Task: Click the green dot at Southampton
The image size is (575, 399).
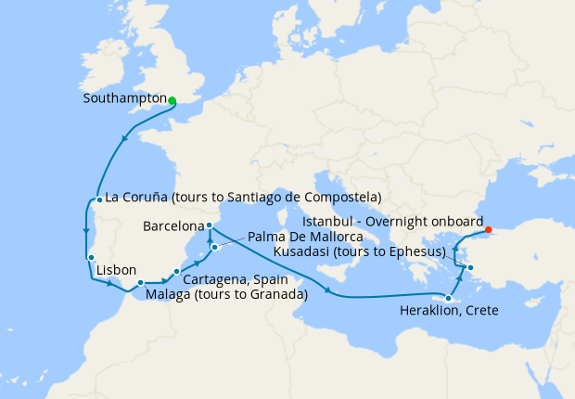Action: tap(172, 101)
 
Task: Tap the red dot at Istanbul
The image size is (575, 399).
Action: tap(489, 231)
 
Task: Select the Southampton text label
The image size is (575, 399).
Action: tap(123, 97)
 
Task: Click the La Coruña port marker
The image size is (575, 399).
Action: tap(98, 199)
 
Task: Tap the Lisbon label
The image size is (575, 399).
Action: tap(116, 269)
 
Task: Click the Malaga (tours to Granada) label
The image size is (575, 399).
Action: tap(226, 295)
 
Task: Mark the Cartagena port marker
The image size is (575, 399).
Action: tap(176, 271)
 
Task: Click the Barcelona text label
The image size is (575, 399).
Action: tap(173, 225)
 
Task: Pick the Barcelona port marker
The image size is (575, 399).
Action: tap(209, 225)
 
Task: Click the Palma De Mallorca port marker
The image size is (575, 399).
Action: tap(213, 247)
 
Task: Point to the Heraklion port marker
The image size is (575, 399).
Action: tap(448, 298)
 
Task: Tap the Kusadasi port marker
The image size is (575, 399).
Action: tap(470, 269)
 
